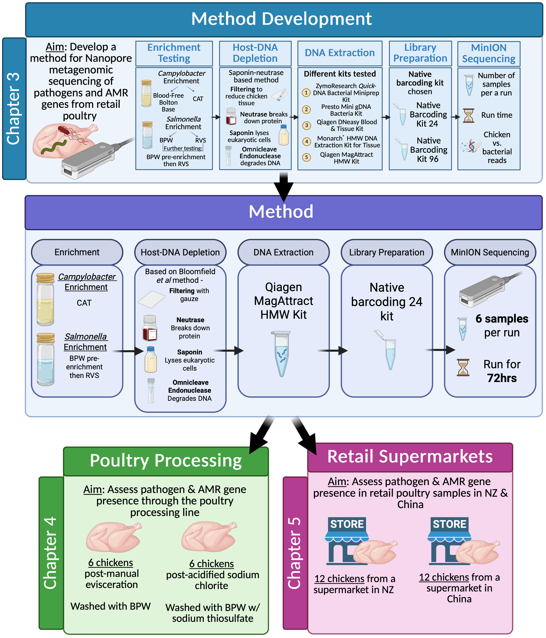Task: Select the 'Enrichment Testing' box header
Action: pyautogui.click(x=174, y=53)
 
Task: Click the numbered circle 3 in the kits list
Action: pyautogui.click(x=306, y=125)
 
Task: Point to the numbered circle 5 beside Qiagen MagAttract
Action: pyautogui.click(x=306, y=157)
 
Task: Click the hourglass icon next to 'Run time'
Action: pyautogui.click(x=468, y=116)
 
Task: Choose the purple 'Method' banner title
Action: pyautogui.click(x=281, y=212)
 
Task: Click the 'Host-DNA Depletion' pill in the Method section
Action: pyautogui.click(x=180, y=252)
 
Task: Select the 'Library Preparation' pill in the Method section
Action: pyautogui.click(x=387, y=252)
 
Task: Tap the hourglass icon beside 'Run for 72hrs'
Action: pyautogui.click(x=463, y=368)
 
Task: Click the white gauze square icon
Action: pyautogui.click(x=152, y=299)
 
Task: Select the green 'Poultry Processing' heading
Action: pyautogui.click(x=166, y=461)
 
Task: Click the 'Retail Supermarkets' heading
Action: pyautogui.click(x=410, y=456)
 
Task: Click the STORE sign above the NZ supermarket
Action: pyautogui.click(x=347, y=524)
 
